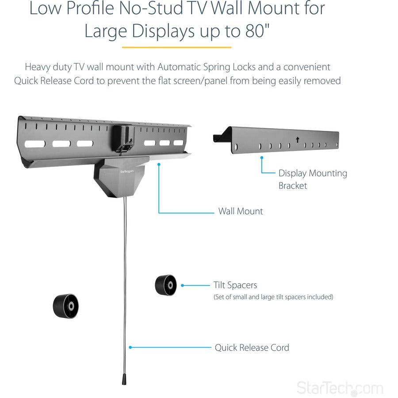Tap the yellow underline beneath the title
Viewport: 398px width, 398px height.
[x=176, y=47]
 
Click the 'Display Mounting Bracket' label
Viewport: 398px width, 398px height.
[x=312, y=179]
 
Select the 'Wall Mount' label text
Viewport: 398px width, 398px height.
[x=240, y=211]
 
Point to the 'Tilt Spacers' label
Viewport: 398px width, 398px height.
[x=235, y=286]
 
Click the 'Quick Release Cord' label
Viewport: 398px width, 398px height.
[x=252, y=348]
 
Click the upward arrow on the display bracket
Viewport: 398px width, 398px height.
[x=298, y=140]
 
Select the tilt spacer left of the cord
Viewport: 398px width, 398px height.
[x=66, y=305]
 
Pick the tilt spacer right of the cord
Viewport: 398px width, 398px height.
[x=166, y=285]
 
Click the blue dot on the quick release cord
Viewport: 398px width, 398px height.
[x=129, y=348]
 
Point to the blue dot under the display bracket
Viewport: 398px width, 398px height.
[x=262, y=157]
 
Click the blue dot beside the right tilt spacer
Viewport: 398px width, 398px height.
[x=182, y=286]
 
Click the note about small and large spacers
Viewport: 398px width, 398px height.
[x=273, y=297]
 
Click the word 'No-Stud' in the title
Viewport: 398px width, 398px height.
[x=157, y=9]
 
